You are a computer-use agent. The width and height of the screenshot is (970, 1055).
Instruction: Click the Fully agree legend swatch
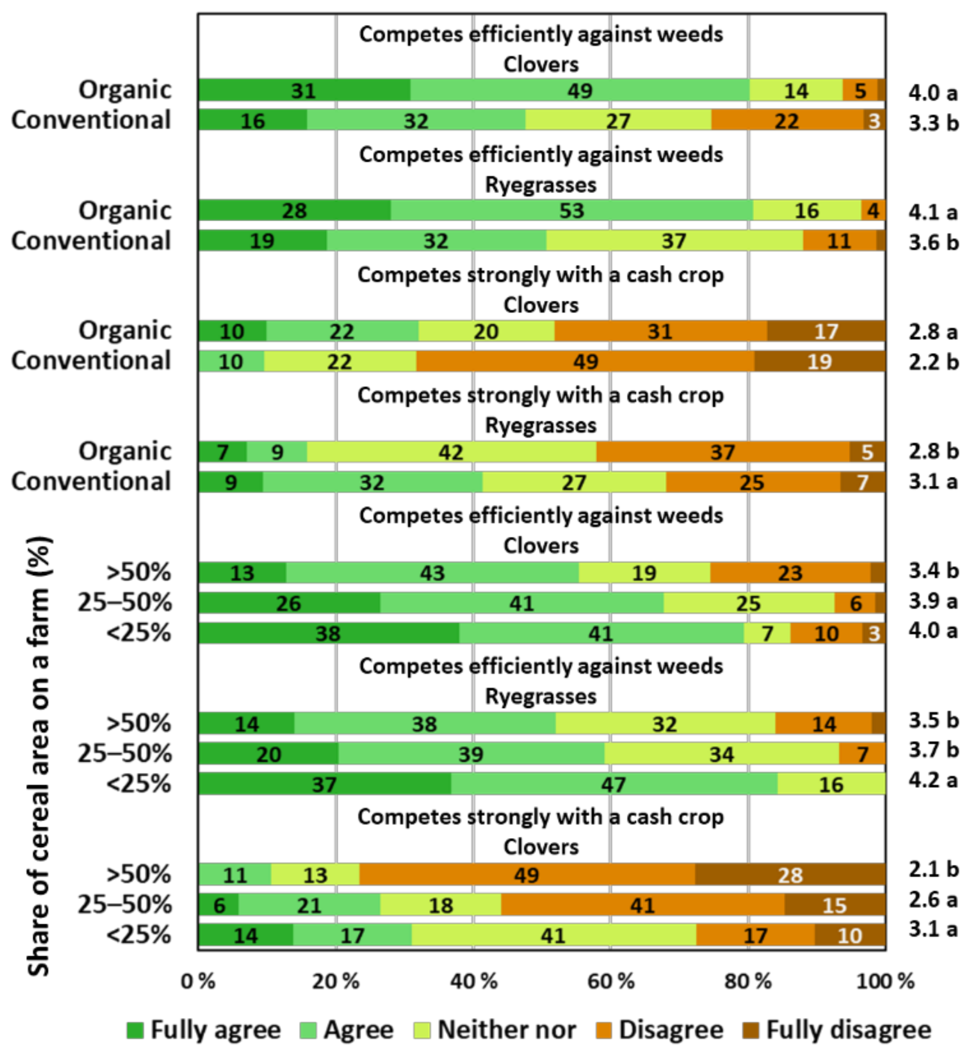135,1030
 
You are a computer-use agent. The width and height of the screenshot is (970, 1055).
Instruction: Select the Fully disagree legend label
848,1030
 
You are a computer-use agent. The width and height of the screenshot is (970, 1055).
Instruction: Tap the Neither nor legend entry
507,1030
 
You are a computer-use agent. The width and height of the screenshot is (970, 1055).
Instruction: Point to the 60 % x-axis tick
610,981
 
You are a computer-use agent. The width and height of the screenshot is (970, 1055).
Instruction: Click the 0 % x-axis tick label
199,981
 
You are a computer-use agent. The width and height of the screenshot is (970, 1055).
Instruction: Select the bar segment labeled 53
571,210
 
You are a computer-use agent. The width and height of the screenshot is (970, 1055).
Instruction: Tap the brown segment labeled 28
790,875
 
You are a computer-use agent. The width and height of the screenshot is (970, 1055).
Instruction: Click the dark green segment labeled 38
329,633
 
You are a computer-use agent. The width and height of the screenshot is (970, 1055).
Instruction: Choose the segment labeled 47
614,784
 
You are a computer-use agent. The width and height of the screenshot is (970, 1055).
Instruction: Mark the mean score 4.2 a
933,780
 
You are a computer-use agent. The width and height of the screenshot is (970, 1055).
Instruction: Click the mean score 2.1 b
933,869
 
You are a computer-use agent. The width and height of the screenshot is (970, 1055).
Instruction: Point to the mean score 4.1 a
933,212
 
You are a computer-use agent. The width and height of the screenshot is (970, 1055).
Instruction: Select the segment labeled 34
721,754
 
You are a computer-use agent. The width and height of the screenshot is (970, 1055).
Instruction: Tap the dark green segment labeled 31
304,90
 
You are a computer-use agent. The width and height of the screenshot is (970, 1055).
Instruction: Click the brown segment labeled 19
819,361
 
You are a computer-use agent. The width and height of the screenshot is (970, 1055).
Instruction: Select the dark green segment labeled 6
219,905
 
